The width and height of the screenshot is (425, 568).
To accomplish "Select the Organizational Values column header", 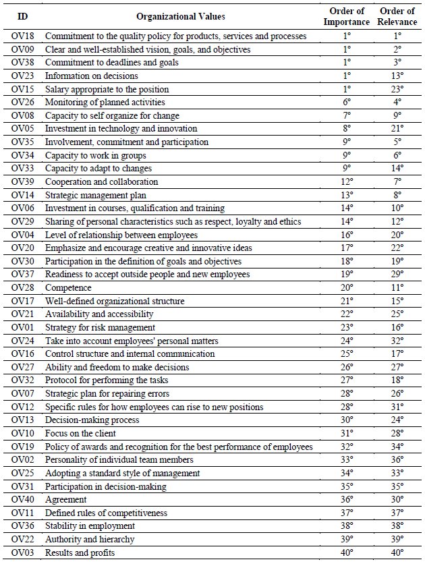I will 181,16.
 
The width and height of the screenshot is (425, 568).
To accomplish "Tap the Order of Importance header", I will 347,16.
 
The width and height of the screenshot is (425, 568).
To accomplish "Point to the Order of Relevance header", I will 397,16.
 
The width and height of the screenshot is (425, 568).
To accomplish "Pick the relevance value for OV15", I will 397,89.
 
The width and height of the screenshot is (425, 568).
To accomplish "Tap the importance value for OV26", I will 347,102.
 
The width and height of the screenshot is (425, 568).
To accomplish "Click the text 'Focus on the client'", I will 80,433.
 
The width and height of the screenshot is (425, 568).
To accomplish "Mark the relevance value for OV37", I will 397,274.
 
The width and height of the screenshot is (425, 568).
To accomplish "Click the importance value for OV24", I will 347,341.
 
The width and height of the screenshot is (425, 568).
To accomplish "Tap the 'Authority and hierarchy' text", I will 90,539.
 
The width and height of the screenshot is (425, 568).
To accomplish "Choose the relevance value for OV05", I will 397,128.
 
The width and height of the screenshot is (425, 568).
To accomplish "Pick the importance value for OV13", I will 347,420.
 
